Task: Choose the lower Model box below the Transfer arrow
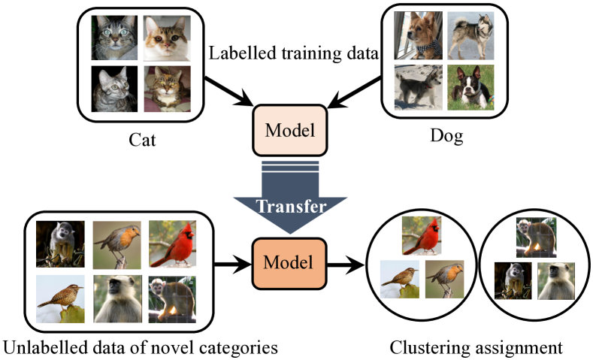click(x=289, y=264)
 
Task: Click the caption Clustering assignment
click(x=476, y=348)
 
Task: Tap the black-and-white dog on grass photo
click(x=472, y=87)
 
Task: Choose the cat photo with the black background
click(x=113, y=87)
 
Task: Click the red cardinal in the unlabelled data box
click(x=172, y=244)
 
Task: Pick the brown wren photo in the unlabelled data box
click(x=61, y=298)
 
